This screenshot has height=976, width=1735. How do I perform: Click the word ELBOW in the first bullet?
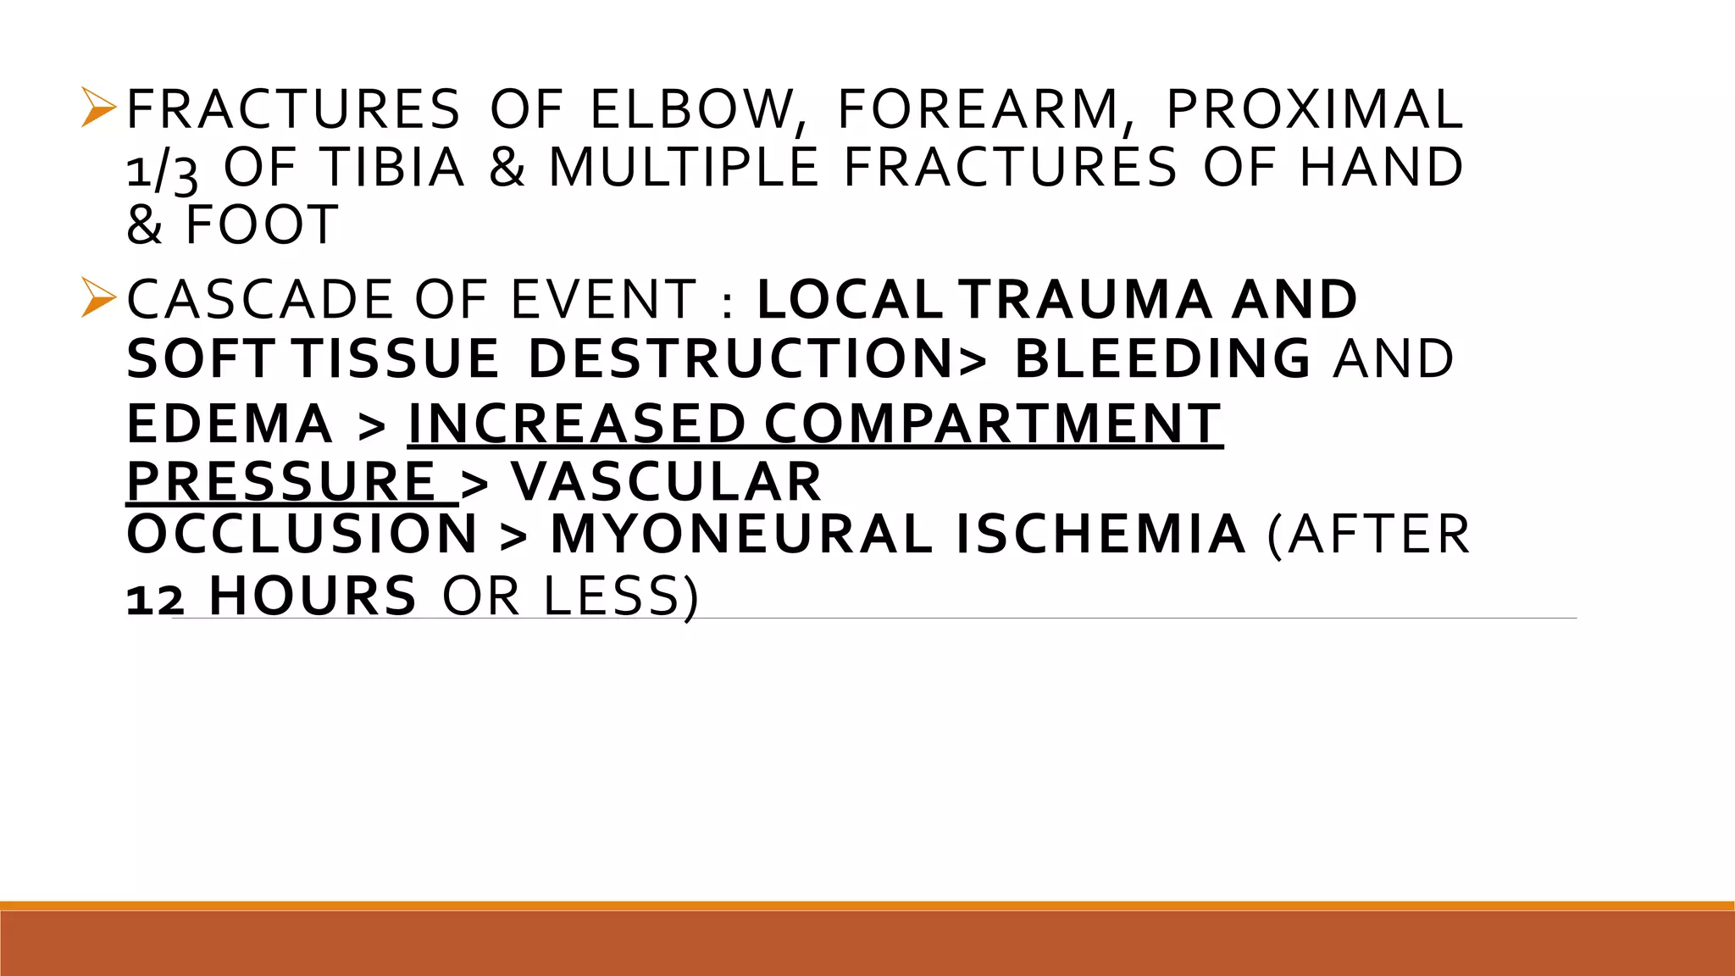[692, 110]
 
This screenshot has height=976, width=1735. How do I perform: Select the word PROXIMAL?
[1314, 110]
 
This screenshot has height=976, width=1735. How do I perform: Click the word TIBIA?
[392, 167]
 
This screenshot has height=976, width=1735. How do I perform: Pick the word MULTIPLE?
[684, 167]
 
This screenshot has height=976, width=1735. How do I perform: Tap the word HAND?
[1381, 167]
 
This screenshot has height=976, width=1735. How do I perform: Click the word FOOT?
[262, 225]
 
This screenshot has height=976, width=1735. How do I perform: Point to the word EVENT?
[603, 300]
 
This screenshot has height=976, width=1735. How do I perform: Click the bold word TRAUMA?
[1085, 300]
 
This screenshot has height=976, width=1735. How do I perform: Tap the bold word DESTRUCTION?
[741, 358]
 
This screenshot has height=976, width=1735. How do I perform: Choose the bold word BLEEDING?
[1163, 358]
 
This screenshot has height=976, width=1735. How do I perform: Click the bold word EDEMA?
[230, 424]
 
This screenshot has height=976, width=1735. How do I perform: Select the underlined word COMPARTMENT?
[993, 424]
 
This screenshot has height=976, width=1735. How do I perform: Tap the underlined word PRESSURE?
[281, 482]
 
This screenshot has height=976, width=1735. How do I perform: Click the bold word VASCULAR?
[666, 482]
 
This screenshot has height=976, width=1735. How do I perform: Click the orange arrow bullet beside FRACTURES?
[98, 108]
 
